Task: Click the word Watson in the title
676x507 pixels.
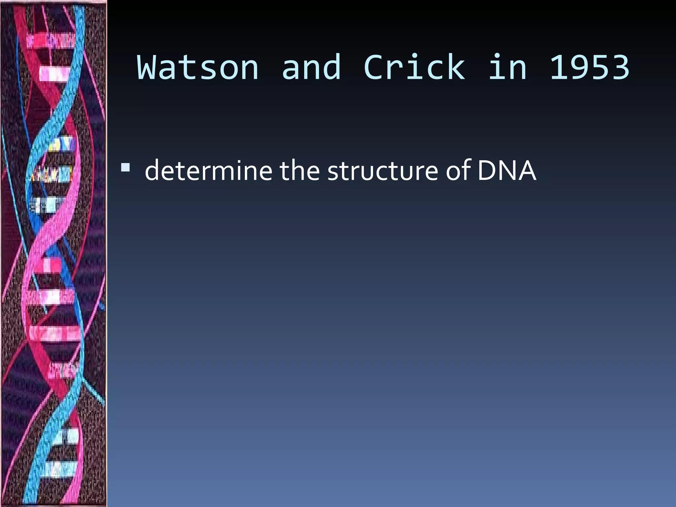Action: point(198,68)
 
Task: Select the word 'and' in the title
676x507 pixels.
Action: point(311,68)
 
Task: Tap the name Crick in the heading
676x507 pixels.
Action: point(415,68)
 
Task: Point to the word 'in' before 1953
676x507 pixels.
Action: point(508,68)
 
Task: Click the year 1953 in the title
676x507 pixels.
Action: point(590,68)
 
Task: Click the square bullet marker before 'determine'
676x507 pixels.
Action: point(125,168)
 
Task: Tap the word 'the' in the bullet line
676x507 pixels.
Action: point(300,171)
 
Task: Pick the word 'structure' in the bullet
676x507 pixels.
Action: point(383,171)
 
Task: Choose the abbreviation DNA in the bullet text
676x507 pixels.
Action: point(507,171)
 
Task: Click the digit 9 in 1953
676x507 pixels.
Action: point(579,68)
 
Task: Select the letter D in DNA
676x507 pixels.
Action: point(487,171)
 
